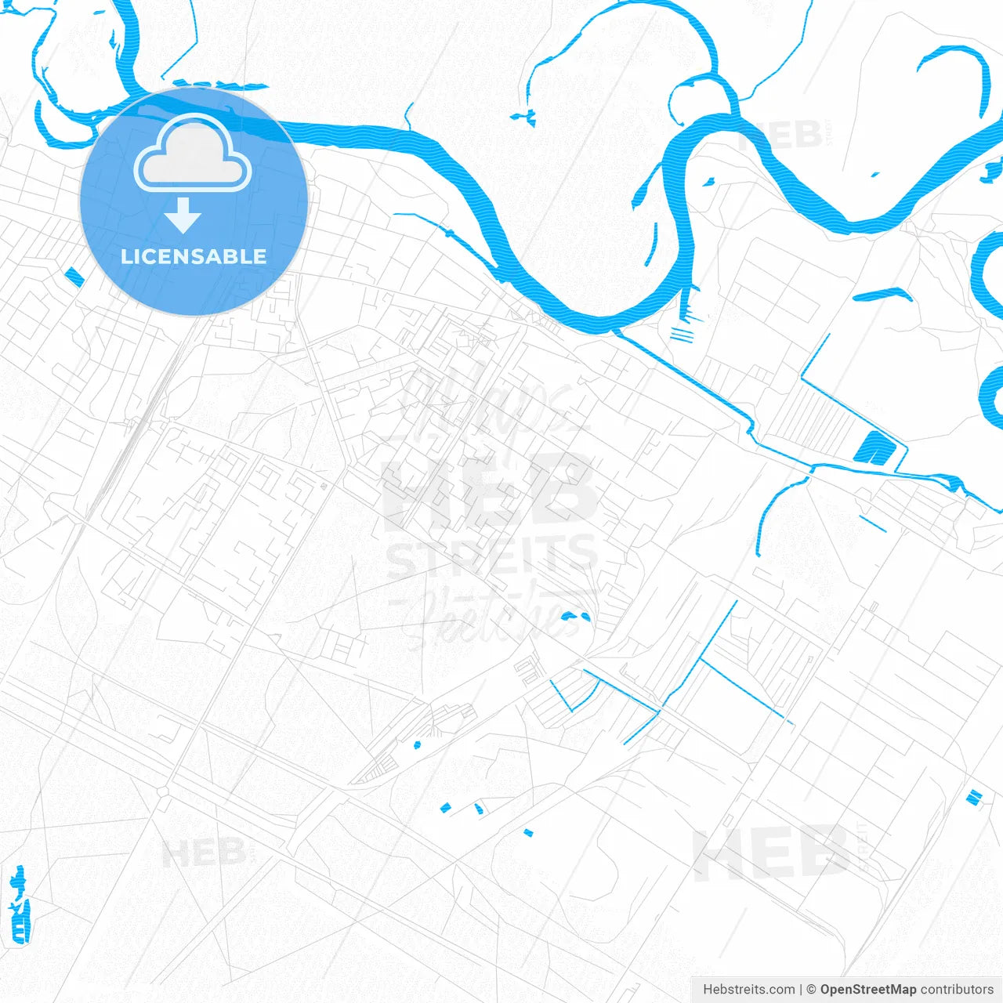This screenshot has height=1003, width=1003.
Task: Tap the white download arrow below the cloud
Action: point(183,215)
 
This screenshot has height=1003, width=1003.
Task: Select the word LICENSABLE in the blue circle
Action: point(194,256)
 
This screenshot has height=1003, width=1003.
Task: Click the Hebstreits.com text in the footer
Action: point(748,990)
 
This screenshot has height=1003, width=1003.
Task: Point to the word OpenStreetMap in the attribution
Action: point(867,990)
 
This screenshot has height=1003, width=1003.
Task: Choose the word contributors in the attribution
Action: point(957,990)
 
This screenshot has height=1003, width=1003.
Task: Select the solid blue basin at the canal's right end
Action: point(872,448)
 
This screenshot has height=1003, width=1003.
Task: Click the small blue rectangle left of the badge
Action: point(74,277)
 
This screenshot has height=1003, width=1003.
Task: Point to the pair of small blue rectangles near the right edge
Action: point(974,797)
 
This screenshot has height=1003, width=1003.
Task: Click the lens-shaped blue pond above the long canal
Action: point(883,295)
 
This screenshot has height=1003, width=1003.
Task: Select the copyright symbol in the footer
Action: point(812,990)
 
